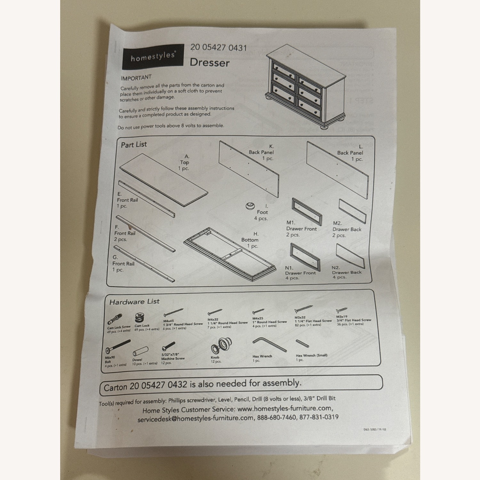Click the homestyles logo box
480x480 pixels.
153,57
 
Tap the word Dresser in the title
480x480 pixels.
210,62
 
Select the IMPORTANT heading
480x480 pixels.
136,78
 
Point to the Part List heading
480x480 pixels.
134,145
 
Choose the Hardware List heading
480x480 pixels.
134,302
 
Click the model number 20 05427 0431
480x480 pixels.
219,48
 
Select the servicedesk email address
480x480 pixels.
196,419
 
